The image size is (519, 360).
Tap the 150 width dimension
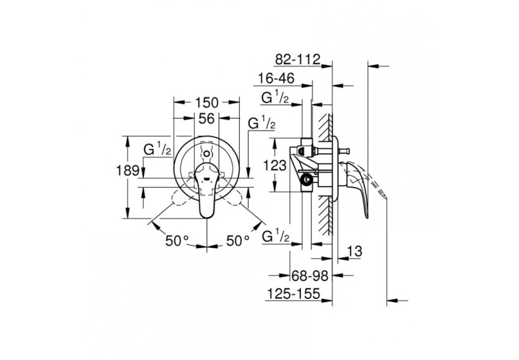point(207,102)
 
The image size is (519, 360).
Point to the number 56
point(207,119)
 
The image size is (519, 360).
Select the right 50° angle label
point(238,241)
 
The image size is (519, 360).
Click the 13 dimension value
point(354,251)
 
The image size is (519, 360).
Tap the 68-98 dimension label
point(310,275)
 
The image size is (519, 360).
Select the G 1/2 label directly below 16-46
point(275,98)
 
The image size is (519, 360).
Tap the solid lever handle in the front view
point(207,192)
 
